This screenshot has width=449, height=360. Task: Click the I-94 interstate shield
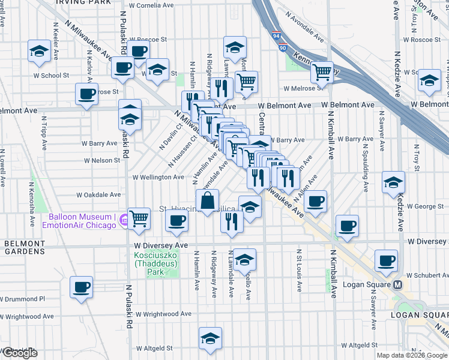pos(275,37)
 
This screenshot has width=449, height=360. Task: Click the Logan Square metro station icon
pos(397,284)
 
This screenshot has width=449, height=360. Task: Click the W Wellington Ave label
pos(158,177)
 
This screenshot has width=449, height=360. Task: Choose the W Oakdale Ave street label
pos(99,194)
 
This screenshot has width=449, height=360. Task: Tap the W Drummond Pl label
pos(23,298)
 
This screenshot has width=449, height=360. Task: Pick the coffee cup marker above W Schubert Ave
pos(387,260)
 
